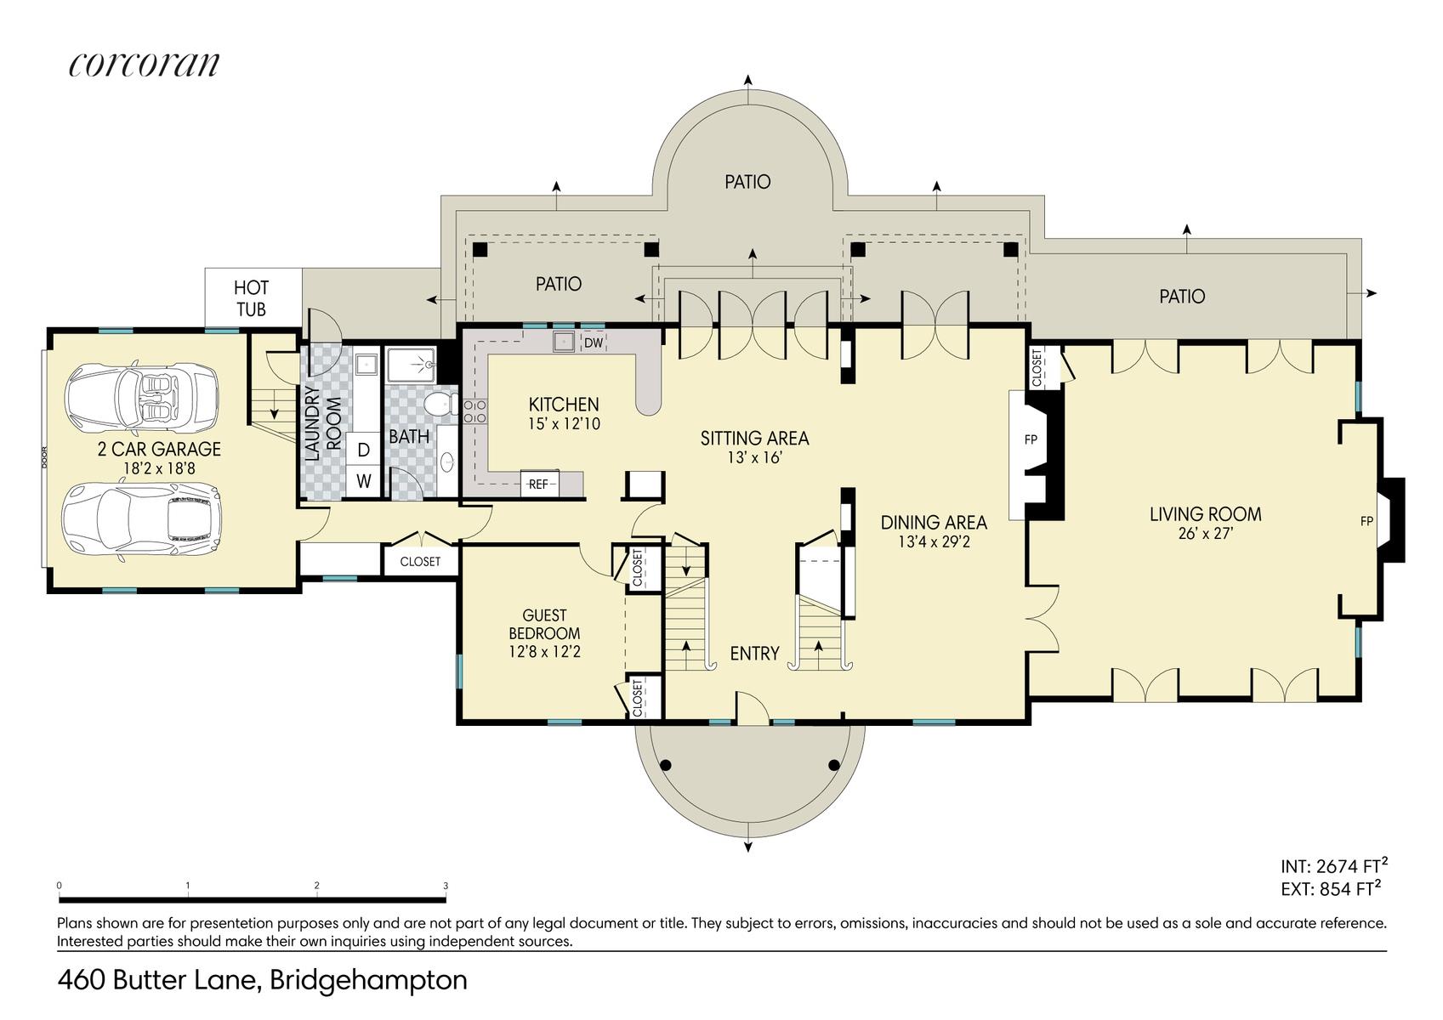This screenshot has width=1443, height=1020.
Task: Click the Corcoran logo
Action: tap(145, 65)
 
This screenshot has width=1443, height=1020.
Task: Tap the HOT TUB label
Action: tap(251, 298)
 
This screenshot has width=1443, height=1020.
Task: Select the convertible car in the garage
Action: tap(142, 395)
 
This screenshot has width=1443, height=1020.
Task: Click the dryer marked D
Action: tap(363, 450)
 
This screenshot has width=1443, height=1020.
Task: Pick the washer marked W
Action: tap(363, 481)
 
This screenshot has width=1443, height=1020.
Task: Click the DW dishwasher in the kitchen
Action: tap(594, 343)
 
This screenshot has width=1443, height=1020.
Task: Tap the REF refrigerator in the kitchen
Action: tap(538, 484)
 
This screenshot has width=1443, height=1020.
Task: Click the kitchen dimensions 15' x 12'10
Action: tap(564, 423)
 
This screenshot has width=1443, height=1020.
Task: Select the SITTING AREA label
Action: tap(754, 439)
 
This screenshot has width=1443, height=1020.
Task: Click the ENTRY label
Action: tap(754, 654)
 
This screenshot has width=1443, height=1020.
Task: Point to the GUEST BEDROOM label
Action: tap(544, 624)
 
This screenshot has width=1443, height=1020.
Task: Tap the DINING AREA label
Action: tap(934, 522)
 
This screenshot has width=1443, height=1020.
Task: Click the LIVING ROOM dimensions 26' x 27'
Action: tap(1205, 533)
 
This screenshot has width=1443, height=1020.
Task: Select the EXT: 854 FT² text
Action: tap(1331, 888)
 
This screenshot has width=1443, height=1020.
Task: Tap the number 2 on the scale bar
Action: tap(316, 886)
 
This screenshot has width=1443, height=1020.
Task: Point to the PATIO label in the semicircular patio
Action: tap(747, 182)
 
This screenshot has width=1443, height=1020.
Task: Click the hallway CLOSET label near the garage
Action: tap(420, 562)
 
